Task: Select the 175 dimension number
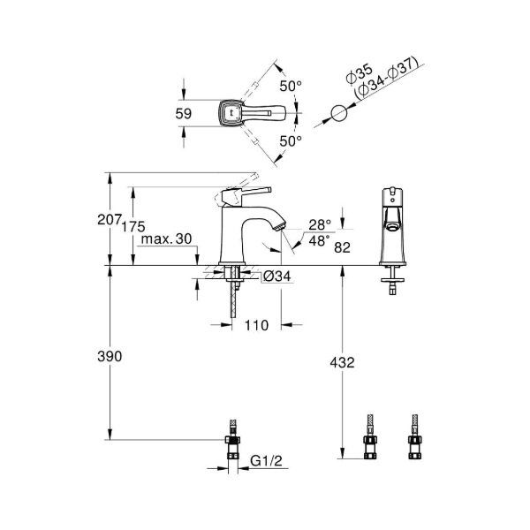point(132,227)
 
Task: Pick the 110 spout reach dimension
point(255,326)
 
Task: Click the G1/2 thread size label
point(264,460)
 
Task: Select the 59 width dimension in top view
point(185,112)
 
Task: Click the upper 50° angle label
point(291,86)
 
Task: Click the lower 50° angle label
point(291,140)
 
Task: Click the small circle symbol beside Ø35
point(338,113)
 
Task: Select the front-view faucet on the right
point(390,230)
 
